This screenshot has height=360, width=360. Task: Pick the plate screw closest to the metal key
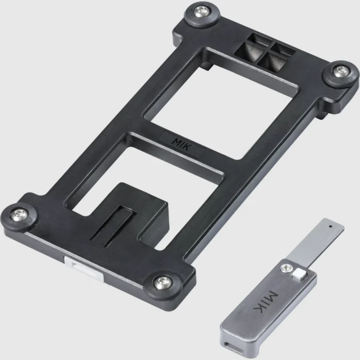click(x=163, y=280)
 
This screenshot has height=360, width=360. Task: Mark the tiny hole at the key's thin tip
click(x=327, y=224)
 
